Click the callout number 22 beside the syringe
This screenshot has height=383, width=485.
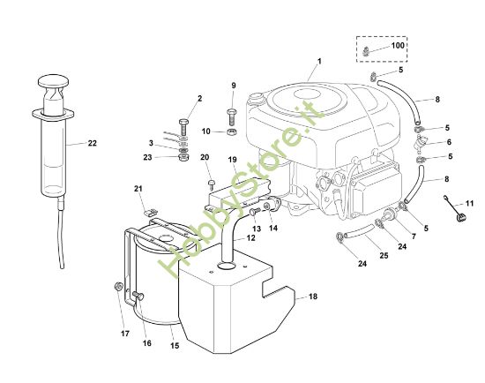93,143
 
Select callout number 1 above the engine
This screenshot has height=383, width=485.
319,60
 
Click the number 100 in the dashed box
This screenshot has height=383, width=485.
397,44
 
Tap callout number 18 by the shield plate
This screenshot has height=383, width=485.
312,297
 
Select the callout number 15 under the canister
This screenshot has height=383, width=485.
175,345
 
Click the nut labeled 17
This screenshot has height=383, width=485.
117,288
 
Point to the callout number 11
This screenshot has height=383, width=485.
469,204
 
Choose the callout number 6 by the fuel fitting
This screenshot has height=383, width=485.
448,142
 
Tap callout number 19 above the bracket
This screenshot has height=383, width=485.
232,161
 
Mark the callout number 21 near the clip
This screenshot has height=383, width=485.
138,189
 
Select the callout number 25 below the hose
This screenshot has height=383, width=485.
383,256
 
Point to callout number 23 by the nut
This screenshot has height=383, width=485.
147,157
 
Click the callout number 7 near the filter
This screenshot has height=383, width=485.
412,237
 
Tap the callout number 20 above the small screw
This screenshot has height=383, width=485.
205,158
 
